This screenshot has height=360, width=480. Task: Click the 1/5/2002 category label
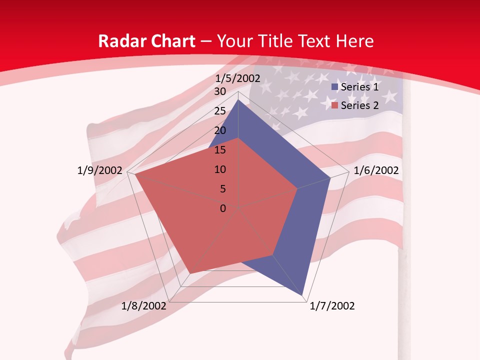tap(238, 78)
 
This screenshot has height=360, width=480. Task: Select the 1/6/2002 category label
tap(376, 170)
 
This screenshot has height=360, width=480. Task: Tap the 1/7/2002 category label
tap(332, 306)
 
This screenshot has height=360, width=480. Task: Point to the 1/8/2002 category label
tap(144, 306)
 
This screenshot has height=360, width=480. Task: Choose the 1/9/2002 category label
tap(100, 170)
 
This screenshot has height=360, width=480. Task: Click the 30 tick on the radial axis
tap(220, 91)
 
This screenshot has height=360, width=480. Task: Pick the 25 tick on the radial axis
tap(220, 111)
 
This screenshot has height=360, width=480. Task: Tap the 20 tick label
tap(220, 130)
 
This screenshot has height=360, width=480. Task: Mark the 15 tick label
tap(220, 150)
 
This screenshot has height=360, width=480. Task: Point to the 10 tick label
tap(220, 169)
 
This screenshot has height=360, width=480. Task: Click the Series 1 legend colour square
tap(335, 87)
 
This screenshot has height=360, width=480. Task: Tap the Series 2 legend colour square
tap(335, 105)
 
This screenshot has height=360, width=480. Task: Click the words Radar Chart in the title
tap(146, 41)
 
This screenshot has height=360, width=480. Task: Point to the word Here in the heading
tap(354, 41)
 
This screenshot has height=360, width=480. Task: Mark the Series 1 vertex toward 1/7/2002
tap(303, 295)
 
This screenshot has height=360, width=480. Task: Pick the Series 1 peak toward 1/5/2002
tap(238, 99)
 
